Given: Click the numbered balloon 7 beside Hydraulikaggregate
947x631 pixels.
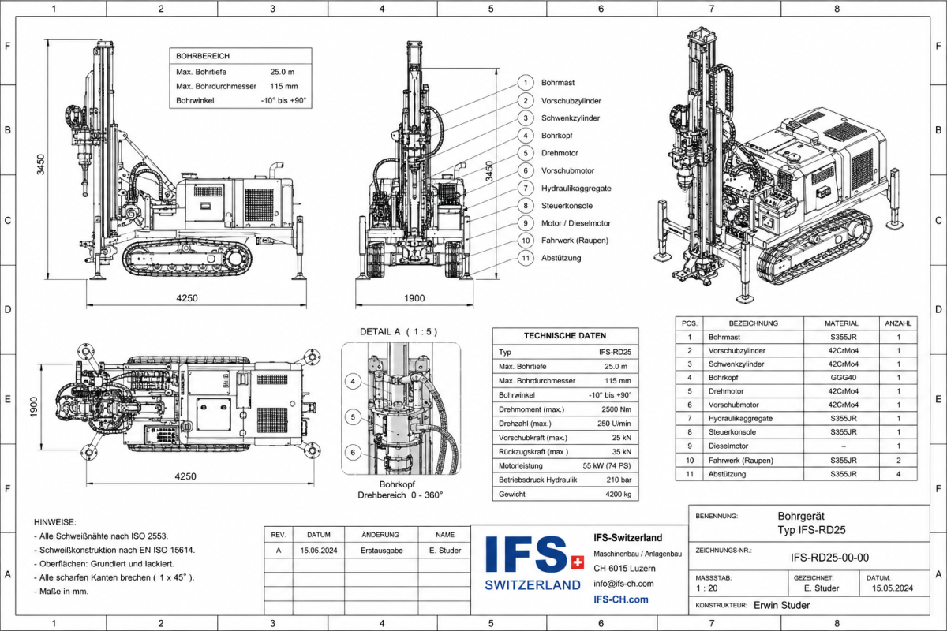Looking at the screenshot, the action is coord(526,188).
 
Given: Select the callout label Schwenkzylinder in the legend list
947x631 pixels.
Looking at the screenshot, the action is coord(571,118).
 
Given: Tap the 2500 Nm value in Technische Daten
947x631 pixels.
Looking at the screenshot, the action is coord(616,409).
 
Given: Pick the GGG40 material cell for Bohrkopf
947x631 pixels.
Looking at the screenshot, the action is coord(843,377).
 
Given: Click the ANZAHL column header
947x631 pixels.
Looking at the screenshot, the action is coord(898,323).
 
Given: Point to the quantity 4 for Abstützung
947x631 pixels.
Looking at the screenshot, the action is coord(898,474).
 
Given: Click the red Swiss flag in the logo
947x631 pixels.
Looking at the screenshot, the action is coord(577,562).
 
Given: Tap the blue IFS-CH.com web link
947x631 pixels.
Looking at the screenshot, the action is coord(620,599).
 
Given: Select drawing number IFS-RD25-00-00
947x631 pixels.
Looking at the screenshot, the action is coord(829,558).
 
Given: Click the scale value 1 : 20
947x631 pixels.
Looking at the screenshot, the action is coord(707,588).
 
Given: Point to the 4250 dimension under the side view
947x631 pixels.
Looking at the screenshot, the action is coord(187,298).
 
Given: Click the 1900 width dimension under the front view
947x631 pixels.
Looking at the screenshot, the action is coord(414,298).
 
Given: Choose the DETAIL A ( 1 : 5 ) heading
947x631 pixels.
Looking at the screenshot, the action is coord(399,332).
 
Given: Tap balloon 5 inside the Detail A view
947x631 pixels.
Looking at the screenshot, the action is coord(353,417).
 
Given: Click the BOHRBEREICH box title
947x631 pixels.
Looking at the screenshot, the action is coord(203,56).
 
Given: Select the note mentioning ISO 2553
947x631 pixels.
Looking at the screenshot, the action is coord(101,536).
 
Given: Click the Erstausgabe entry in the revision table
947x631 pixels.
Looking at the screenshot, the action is coord(381,551).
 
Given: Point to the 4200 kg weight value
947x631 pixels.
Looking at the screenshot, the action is coord(618,494).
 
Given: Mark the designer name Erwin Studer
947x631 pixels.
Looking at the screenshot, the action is coord(782,605).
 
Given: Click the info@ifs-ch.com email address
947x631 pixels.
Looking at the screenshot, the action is coord(623,584).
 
